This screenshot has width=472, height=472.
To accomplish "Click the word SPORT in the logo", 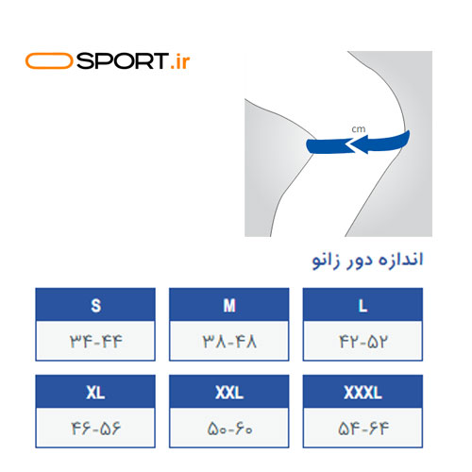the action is (122, 60).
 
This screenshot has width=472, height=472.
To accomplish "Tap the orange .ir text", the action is (180, 62).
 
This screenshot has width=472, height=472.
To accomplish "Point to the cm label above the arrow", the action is (359, 129).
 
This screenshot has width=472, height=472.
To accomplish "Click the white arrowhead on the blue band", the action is (350, 145).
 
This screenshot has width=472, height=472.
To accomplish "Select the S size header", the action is (95, 305).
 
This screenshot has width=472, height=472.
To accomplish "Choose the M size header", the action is (229, 305).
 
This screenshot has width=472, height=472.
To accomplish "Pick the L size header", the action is (362, 305).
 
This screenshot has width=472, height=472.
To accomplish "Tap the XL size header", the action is (95, 392).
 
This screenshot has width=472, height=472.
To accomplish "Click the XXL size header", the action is (229, 392).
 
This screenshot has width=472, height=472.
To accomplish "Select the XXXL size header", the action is (362, 392).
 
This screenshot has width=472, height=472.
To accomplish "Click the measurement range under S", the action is (95, 342).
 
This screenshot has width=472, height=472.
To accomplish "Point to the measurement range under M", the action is (229, 342).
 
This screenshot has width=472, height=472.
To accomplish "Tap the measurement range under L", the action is (362, 342).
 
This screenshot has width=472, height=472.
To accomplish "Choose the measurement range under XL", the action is (95, 429).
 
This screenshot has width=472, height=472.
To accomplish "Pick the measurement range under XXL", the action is (229, 429).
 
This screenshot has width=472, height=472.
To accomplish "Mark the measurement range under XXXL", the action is (363, 429).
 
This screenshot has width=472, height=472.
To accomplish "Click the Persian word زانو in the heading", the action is (326, 261).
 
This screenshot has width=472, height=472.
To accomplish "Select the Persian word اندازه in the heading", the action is (400, 260).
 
